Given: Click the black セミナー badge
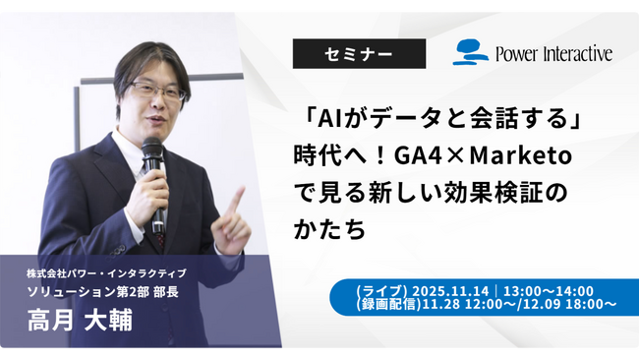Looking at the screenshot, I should [359, 53].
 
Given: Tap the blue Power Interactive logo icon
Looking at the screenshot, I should [471, 52].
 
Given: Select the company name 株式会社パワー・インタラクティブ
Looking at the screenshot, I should [107, 271].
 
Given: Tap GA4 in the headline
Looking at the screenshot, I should [428, 157].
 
